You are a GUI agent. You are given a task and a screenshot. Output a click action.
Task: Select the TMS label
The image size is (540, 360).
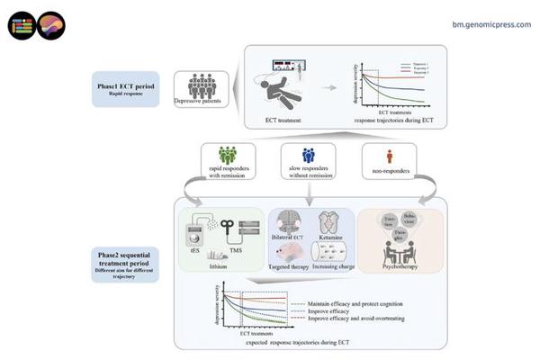pos(238,252)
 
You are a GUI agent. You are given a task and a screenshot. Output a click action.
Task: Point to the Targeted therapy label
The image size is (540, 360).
pos(289,268)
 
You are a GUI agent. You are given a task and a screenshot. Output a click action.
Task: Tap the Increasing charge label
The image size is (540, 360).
pos(335,268)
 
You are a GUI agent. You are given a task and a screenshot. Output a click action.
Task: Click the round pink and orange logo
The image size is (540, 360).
pos(49,24)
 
